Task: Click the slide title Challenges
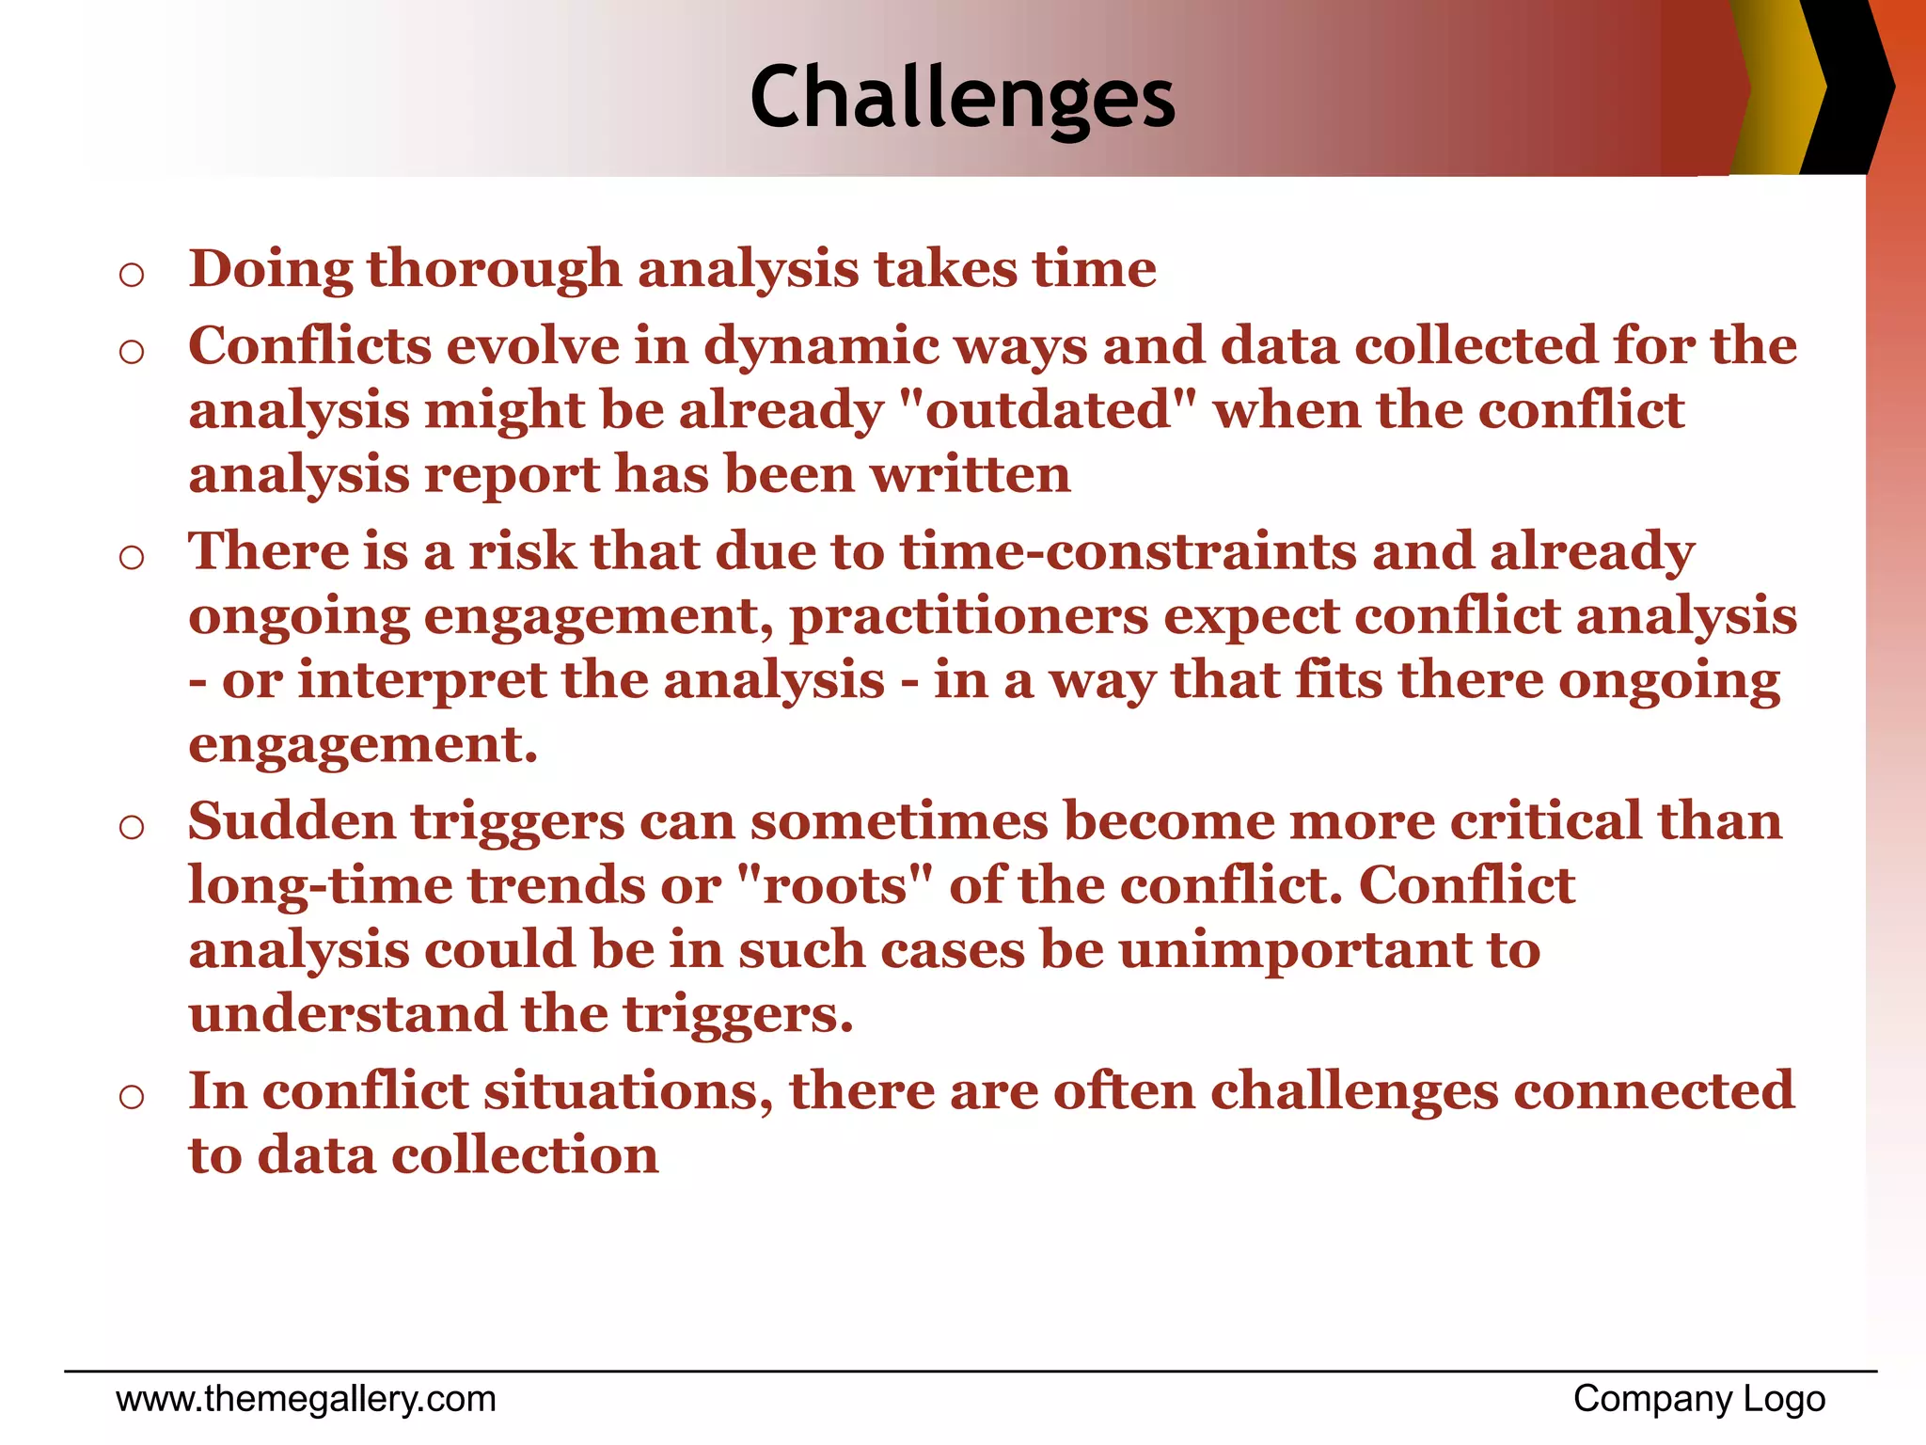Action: point(962,98)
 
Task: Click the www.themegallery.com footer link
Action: point(306,1399)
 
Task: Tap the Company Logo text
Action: point(1698,1399)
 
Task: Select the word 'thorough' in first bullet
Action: point(494,270)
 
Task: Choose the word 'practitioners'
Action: point(969,617)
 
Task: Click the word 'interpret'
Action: point(421,681)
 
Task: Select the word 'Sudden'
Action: point(292,821)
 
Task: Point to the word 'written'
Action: point(971,475)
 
